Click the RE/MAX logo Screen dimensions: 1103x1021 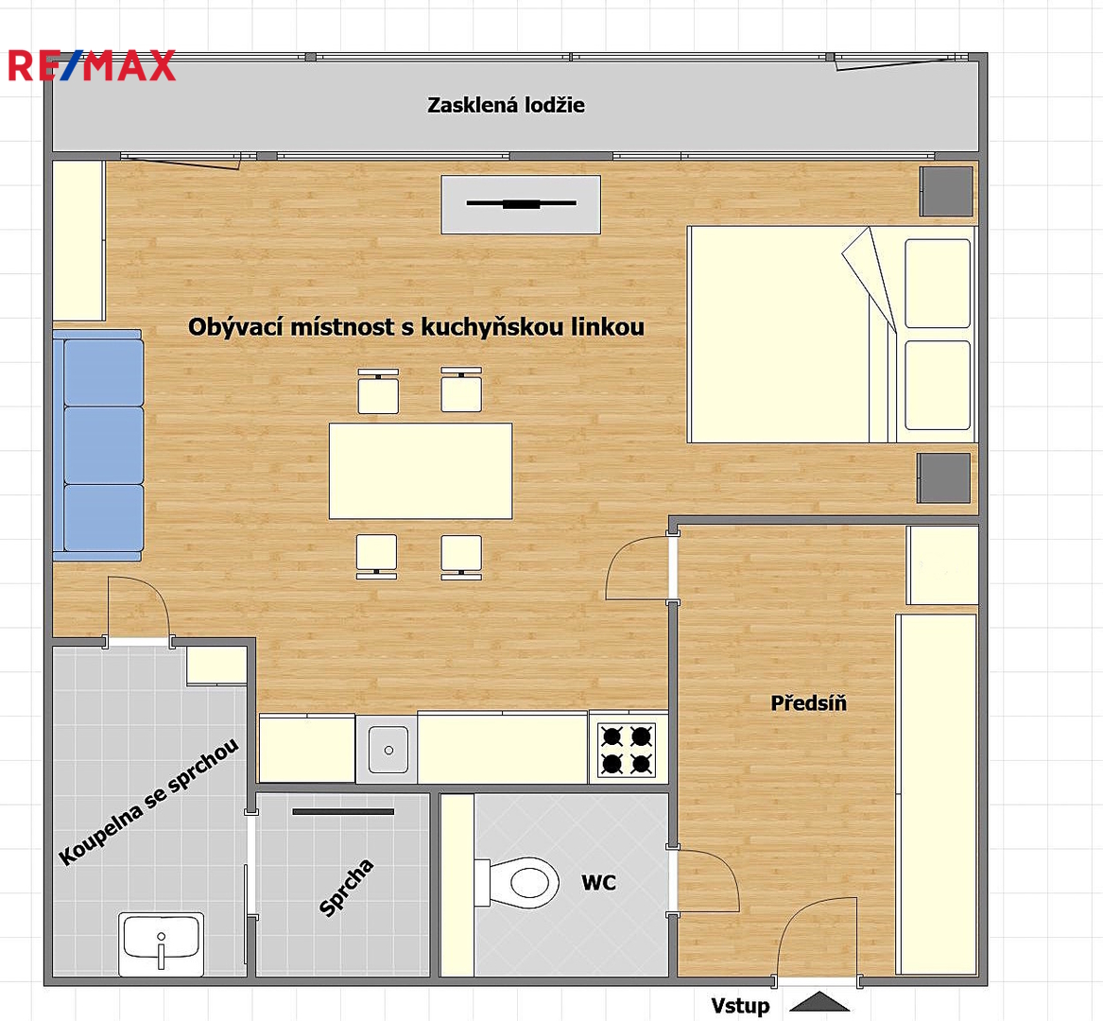pos(92,65)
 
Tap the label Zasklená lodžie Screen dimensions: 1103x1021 pos(506,105)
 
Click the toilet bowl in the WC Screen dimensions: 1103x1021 pos(516,882)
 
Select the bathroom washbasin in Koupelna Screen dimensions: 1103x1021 pos(161,943)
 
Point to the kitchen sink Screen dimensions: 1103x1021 pos(388,750)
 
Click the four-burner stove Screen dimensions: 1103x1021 pos(626,750)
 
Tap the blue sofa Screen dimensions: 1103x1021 pos(97,445)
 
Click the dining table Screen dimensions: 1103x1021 pos(421,471)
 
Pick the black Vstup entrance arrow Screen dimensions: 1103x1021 pos(819,1001)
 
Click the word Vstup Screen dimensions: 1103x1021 pos(740,1006)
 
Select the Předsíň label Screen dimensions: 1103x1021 pos(808,703)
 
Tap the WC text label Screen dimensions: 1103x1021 pos(598,882)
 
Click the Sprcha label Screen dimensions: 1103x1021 pos(346,888)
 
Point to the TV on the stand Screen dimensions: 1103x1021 pos(521,204)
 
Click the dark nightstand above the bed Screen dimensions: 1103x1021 pos(946,191)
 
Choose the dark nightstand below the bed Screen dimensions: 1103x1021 pos(944,477)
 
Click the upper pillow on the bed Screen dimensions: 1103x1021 pos(938,283)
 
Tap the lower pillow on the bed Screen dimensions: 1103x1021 pos(938,385)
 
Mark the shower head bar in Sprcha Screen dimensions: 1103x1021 pos(343,811)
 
